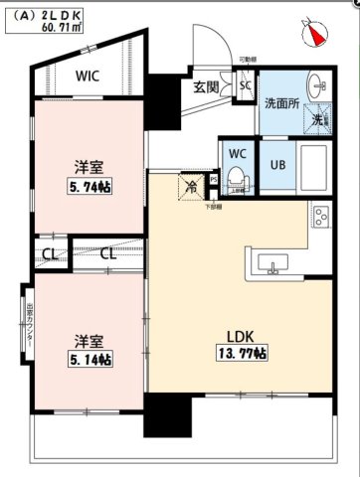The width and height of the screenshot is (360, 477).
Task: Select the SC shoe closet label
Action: [x=246, y=85]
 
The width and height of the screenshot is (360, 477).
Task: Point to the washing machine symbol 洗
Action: [x=317, y=118]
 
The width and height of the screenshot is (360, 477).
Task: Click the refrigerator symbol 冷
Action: [x=190, y=185]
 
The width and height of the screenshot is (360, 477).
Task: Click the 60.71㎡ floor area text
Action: [x=62, y=29]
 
